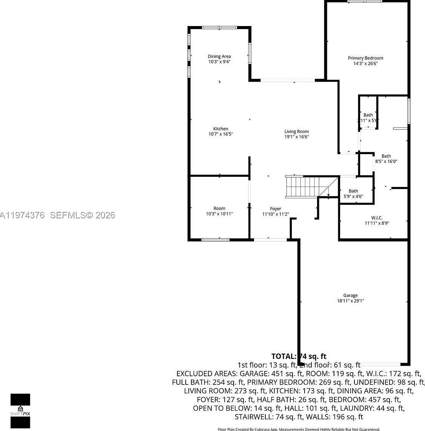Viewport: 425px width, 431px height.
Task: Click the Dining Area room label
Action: [x=219, y=57]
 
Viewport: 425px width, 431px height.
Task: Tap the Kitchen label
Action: [x=220, y=129]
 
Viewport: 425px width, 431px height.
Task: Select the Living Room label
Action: [x=297, y=132]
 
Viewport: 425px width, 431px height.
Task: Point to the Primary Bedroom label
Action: [x=365, y=58]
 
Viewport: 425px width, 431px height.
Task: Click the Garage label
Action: [x=350, y=296]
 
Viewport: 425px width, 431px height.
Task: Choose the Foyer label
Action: [x=276, y=209]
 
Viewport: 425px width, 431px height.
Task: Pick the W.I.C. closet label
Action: [x=377, y=218]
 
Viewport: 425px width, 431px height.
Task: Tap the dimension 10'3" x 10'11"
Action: [x=219, y=214]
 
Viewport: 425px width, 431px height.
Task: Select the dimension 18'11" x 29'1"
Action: [x=350, y=301]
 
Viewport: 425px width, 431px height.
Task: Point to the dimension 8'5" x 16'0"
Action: [x=386, y=161]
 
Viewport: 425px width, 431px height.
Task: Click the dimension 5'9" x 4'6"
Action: [x=353, y=196]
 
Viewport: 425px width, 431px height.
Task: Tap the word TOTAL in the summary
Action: [x=283, y=356]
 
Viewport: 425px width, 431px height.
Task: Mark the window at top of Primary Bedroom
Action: [x=365, y=2]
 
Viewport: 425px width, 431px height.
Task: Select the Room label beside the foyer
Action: [x=219, y=209]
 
